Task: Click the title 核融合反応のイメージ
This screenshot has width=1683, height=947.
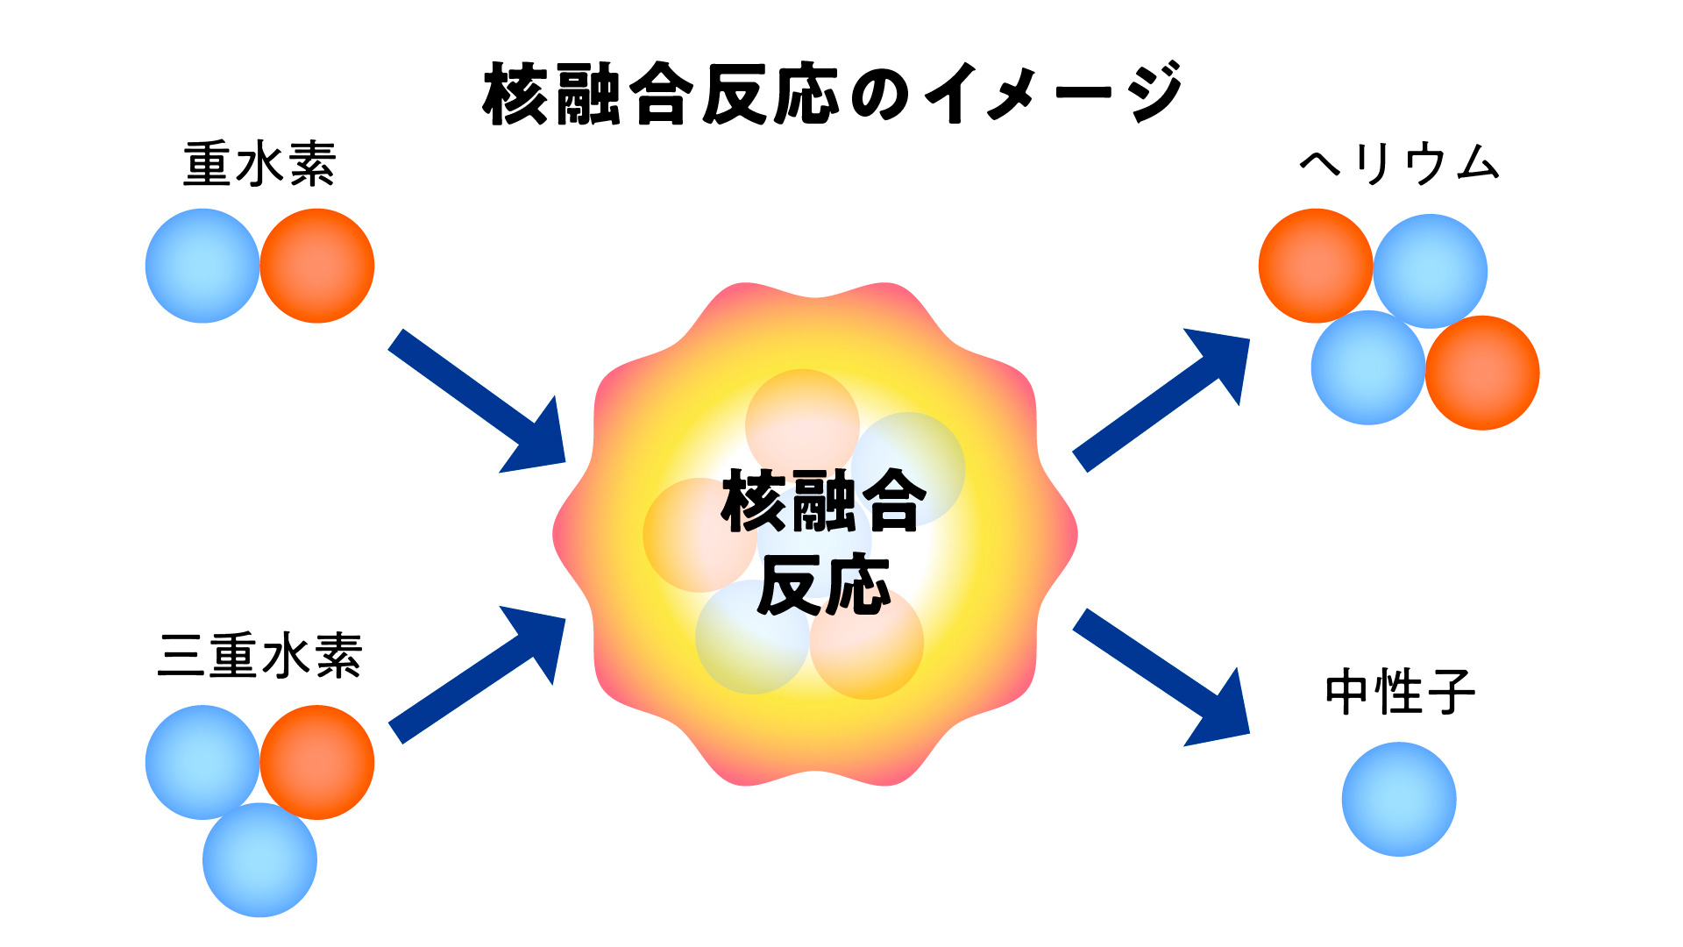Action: [x=833, y=93]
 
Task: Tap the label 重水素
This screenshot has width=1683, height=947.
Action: [x=259, y=164]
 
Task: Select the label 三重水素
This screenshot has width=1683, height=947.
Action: [x=259, y=655]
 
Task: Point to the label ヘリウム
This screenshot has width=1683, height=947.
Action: [x=1399, y=164]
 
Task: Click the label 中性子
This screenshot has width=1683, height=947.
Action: [x=1400, y=692]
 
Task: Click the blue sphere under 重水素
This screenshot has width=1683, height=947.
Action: [x=202, y=266]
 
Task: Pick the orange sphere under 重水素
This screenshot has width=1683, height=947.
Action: [x=317, y=266]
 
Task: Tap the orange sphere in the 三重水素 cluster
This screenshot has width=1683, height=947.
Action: [x=317, y=762]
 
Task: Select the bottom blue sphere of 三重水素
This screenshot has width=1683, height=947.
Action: [x=259, y=860]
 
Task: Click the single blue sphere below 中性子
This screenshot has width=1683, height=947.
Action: [x=1399, y=800]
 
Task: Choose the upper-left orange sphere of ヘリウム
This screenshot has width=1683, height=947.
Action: [x=1315, y=266]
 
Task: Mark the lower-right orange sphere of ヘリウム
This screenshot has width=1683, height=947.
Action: [x=1482, y=373]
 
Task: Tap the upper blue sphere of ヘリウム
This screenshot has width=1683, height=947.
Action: [x=1431, y=271]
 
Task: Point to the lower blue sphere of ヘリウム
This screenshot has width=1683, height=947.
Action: [x=1368, y=368]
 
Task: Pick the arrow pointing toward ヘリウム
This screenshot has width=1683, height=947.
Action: [x=1161, y=400]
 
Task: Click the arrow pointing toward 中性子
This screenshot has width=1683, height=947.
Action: [x=1161, y=677]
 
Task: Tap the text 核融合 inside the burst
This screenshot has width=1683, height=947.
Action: [x=823, y=501]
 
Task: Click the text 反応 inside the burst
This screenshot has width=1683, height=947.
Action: [x=824, y=585]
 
